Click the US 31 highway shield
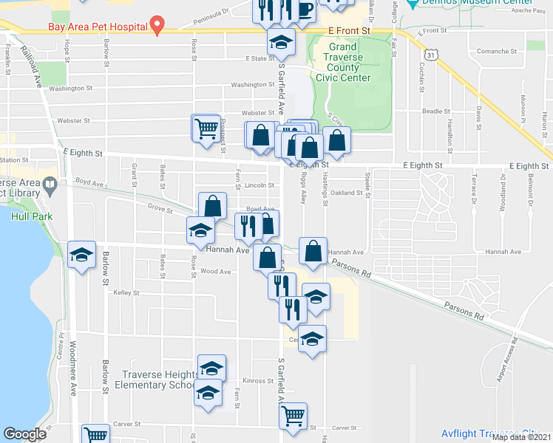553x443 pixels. click(x=431, y=55)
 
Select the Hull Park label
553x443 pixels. click(x=27, y=216)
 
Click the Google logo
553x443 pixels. click(x=24, y=434)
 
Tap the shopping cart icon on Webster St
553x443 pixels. click(x=206, y=128)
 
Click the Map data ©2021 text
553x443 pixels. click(x=520, y=437)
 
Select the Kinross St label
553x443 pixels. click(x=258, y=381)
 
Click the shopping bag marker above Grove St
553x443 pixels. click(x=212, y=205)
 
